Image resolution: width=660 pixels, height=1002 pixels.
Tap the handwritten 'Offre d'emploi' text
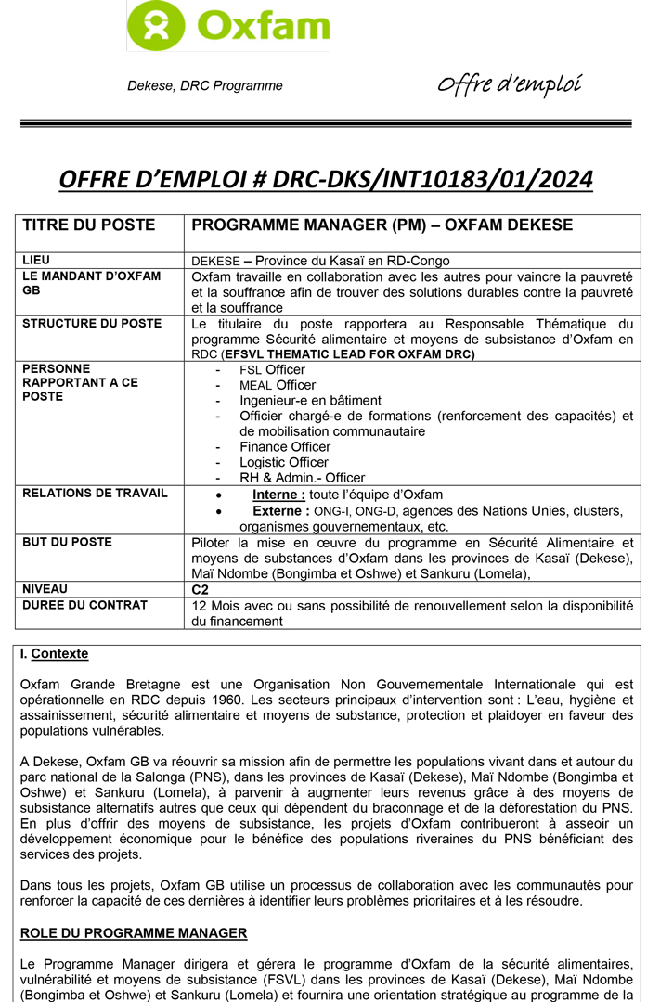tap(510, 85)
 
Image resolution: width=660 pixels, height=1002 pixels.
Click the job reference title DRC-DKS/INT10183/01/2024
tap(325, 179)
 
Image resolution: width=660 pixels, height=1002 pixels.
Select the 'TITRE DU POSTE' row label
tap(89, 225)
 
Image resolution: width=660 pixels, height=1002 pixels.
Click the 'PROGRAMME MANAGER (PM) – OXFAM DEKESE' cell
tap(382, 225)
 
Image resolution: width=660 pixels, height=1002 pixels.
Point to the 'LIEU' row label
tap(36, 260)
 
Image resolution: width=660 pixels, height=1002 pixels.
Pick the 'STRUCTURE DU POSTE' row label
tap(92, 324)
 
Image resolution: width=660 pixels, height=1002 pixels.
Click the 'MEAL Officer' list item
tap(277, 385)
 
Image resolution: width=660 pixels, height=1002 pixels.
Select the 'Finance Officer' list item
tap(285, 447)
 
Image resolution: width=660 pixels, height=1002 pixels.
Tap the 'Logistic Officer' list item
tap(284, 462)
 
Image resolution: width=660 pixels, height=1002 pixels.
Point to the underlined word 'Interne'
tap(278, 495)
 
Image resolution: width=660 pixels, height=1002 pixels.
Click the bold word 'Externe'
tap(280, 510)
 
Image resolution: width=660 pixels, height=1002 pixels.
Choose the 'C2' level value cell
tap(200, 589)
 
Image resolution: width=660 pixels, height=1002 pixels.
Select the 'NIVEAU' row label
tap(45, 588)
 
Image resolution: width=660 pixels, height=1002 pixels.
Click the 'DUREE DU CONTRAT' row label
tap(84, 605)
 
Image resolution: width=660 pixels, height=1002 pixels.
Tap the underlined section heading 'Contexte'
tap(59, 654)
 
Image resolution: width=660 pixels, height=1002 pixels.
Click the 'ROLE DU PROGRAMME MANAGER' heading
tap(134, 932)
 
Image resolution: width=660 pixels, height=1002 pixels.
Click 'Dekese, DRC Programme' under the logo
tap(204, 86)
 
